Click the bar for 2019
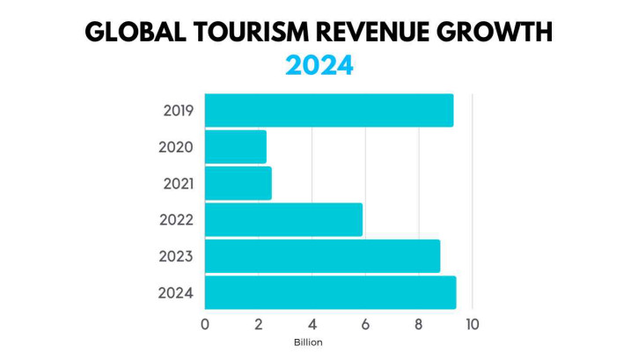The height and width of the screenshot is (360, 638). click(x=329, y=110)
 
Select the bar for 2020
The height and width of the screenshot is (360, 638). click(x=236, y=147)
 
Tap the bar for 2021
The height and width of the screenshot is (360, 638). click(x=238, y=183)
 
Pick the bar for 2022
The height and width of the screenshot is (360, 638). click(x=283, y=220)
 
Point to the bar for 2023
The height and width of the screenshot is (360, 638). click(x=323, y=256)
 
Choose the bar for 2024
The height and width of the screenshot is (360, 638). click(x=330, y=292)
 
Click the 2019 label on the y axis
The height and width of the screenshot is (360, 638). click(x=179, y=111)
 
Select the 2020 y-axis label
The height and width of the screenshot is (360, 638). click(x=176, y=147)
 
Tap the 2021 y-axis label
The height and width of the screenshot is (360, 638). click(x=179, y=184)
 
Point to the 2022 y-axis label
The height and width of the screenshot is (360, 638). click(x=176, y=220)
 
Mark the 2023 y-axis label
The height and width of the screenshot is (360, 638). click(x=176, y=257)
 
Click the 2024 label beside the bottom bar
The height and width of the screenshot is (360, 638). click(x=176, y=293)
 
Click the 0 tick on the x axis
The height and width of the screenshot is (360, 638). click(x=205, y=325)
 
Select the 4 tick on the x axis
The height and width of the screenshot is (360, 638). click(x=312, y=325)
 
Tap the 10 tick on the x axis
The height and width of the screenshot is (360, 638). click(x=472, y=325)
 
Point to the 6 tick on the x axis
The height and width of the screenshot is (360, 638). click(x=365, y=325)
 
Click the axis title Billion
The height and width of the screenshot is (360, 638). click(x=308, y=342)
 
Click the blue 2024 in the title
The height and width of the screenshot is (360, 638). click(x=319, y=65)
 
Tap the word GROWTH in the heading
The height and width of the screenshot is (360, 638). click(x=495, y=33)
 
